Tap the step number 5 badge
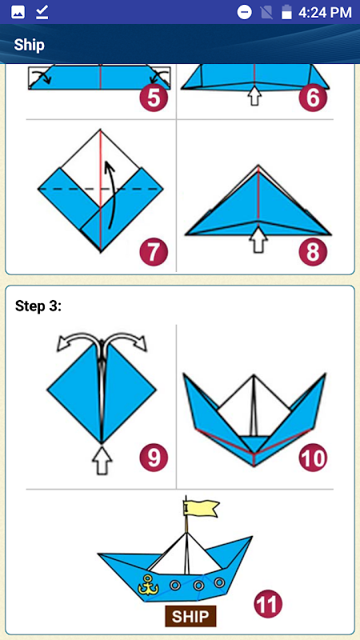(x=154, y=98)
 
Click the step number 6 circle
(x=313, y=98)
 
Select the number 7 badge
(x=154, y=252)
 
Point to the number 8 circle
(x=313, y=252)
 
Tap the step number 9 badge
(x=154, y=458)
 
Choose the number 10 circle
(x=313, y=458)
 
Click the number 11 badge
(x=268, y=604)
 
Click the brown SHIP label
(x=190, y=616)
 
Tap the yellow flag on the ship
(x=202, y=508)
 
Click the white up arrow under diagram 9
(x=102, y=459)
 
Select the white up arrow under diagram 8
(x=258, y=239)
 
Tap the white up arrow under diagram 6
(x=254, y=95)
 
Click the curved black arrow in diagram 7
(x=111, y=194)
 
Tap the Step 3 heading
(x=38, y=306)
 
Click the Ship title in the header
(x=29, y=45)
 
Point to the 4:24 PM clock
(x=325, y=12)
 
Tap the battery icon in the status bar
(x=287, y=12)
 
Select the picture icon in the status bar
(x=18, y=13)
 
